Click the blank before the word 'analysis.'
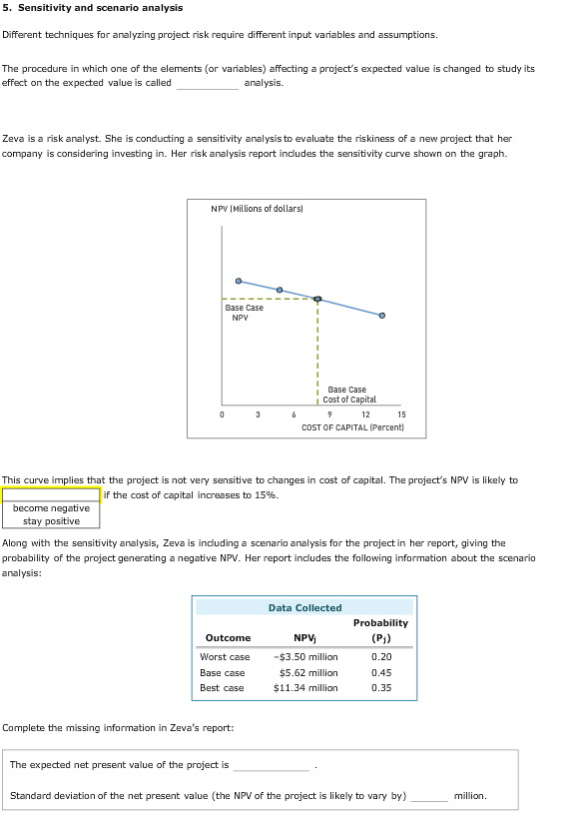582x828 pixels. pyautogui.click(x=207, y=84)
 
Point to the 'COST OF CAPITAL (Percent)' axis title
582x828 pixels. pyautogui.click(x=352, y=427)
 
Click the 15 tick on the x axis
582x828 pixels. pyautogui.click(x=401, y=414)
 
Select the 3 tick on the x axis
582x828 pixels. pyautogui.click(x=258, y=414)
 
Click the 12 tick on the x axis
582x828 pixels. pyautogui.click(x=365, y=414)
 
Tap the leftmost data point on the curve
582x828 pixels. pyautogui.click(x=238, y=281)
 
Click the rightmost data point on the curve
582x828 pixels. pyautogui.click(x=381, y=315)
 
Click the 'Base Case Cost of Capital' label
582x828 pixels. pyautogui.click(x=346, y=395)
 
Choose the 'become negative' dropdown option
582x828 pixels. pyautogui.click(x=51, y=508)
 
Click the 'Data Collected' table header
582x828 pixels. pyautogui.click(x=304, y=607)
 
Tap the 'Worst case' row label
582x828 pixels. pyautogui.click(x=225, y=657)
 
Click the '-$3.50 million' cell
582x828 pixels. pyautogui.click(x=305, y=657)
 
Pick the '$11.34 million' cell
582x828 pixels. pyautogui.click(x=305, y=688)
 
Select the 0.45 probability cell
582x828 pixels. pyautogui.click(x=381, y=672)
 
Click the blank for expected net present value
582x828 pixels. pyautogui.click(x=272, y=766)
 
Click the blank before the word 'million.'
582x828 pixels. pyautogui.click(x=430, y=796)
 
